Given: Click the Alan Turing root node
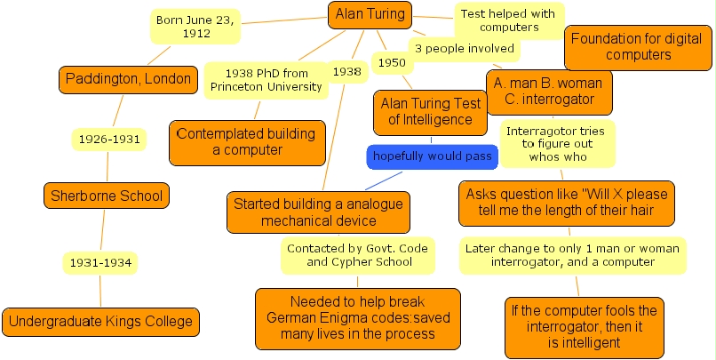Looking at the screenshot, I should (370, 14).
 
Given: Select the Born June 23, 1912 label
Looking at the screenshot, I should (195, 27).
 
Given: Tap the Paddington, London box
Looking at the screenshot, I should (127, 79).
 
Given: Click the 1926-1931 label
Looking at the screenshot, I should (107, 139).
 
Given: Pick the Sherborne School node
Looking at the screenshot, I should (107, 196).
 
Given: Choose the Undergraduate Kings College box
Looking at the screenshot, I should (100, 321).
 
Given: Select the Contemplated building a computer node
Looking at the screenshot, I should (247, 142).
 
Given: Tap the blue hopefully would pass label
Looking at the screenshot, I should (433, 156).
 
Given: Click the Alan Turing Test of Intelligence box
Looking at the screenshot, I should (431, 111).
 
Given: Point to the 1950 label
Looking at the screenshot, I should (391, 63).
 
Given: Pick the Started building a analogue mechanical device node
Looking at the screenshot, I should (318, 212).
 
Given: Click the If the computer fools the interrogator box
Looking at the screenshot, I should (584, 326).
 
